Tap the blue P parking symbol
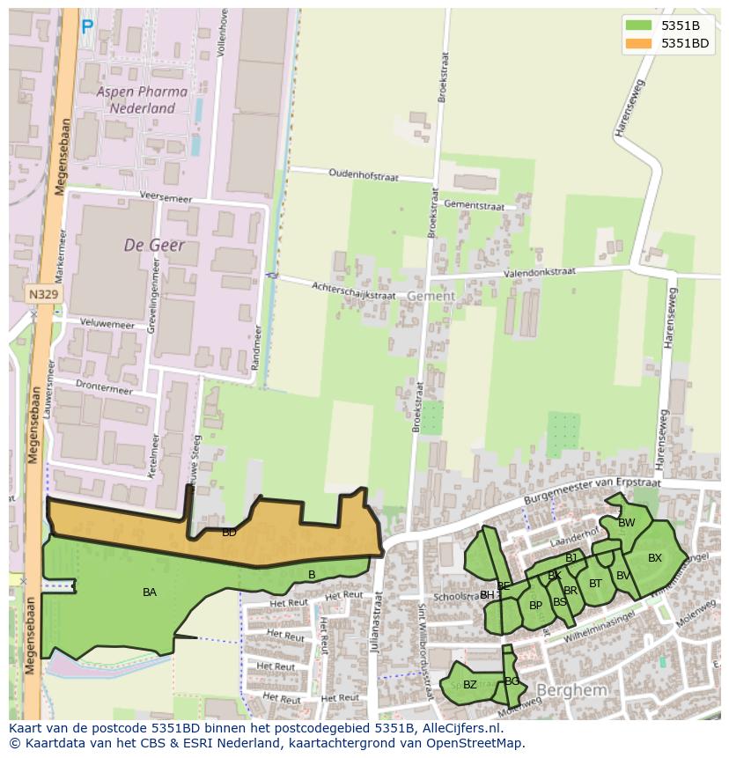[86, 28]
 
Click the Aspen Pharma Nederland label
[141, 99]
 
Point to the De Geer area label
[154, 245]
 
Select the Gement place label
[431, 297]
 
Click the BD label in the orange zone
[229, 533]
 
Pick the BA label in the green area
[150, 592]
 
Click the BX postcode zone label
[654, 558]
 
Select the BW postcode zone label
[626, 523]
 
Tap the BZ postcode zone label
[469, 685]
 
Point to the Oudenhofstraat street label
[364, 175]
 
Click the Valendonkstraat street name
[539, 273]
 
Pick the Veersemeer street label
[166, 196]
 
